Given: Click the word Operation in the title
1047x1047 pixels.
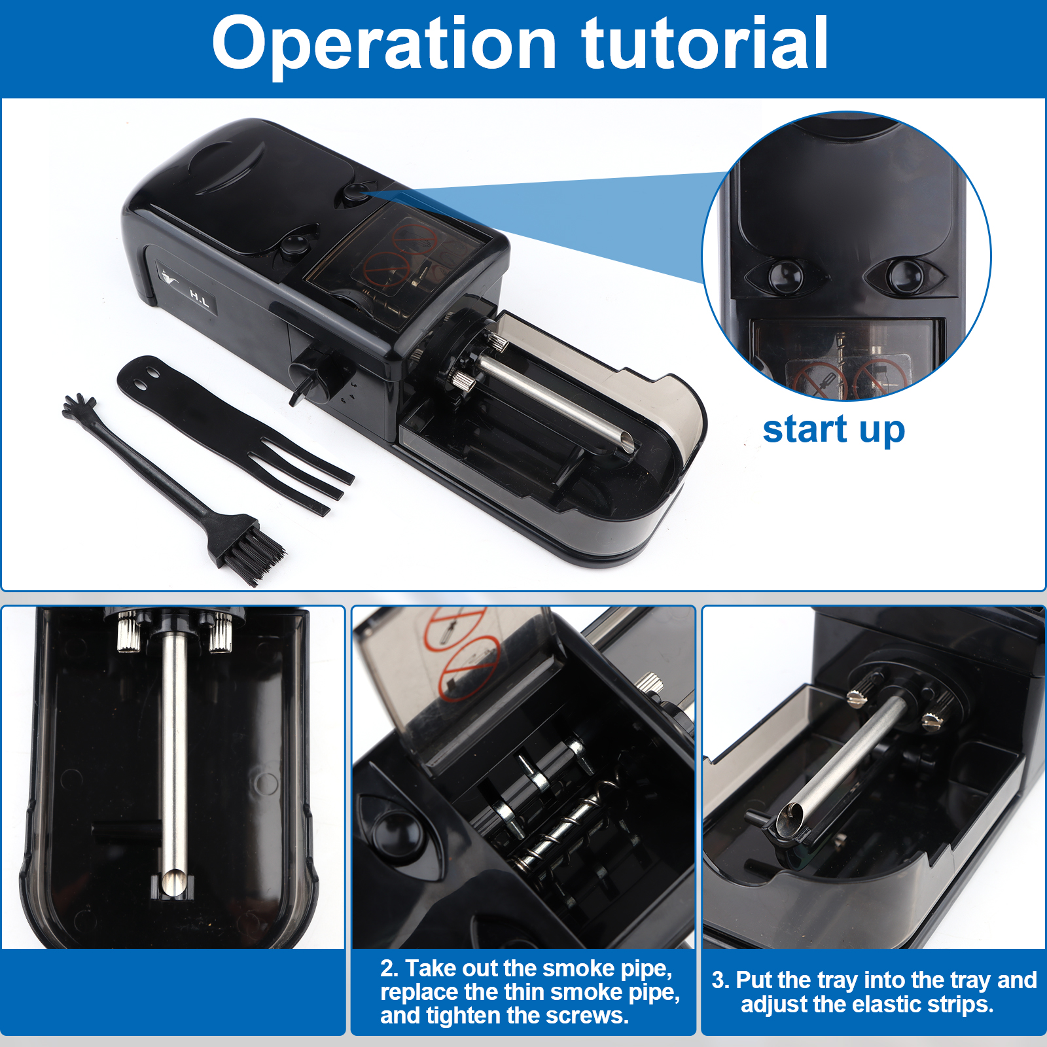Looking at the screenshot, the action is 384,44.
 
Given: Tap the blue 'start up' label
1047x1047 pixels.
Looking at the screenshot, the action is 834,430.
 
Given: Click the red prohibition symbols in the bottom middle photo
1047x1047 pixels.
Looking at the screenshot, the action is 461,654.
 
